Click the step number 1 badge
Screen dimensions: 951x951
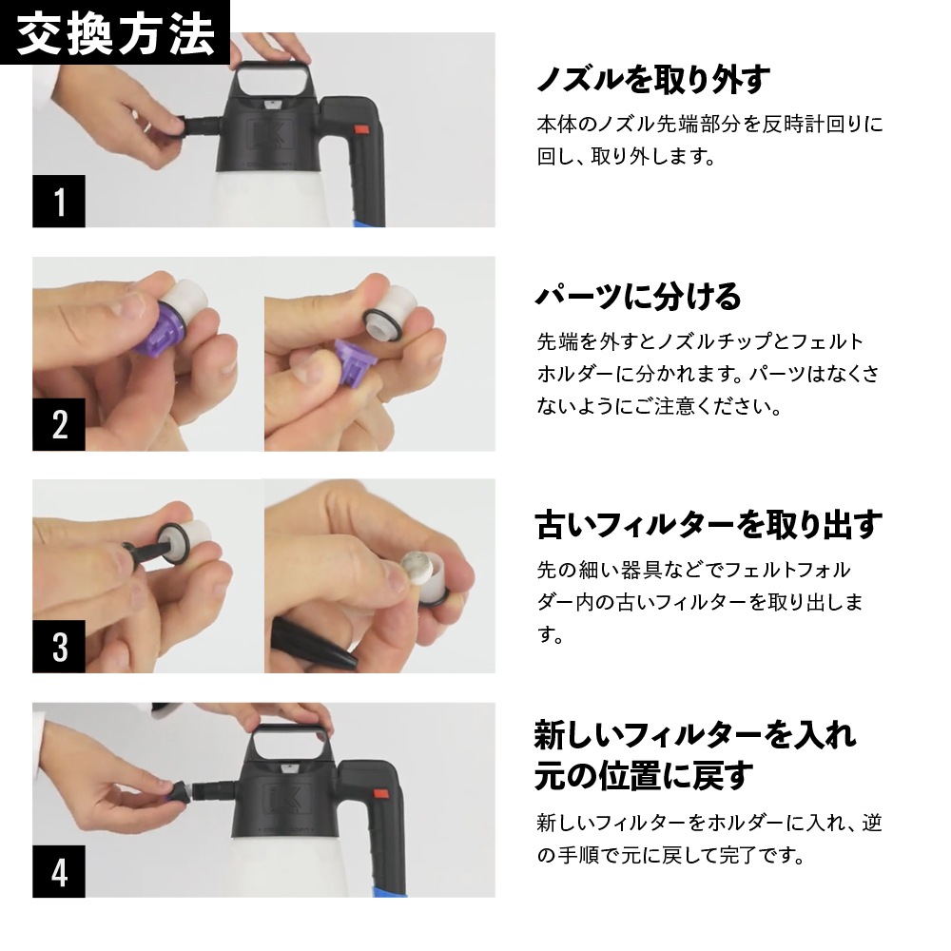pos(59,202)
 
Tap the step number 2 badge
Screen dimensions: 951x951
pos(59,424)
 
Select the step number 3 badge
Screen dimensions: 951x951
pos(59,647)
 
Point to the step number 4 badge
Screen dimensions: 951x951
pos(59,871)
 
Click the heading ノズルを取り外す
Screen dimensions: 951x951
pos(651,80)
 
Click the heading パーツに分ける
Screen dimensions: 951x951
pos(638,297)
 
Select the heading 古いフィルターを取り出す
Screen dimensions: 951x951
pos(708,524)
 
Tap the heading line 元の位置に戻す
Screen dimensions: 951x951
pos(644,775)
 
